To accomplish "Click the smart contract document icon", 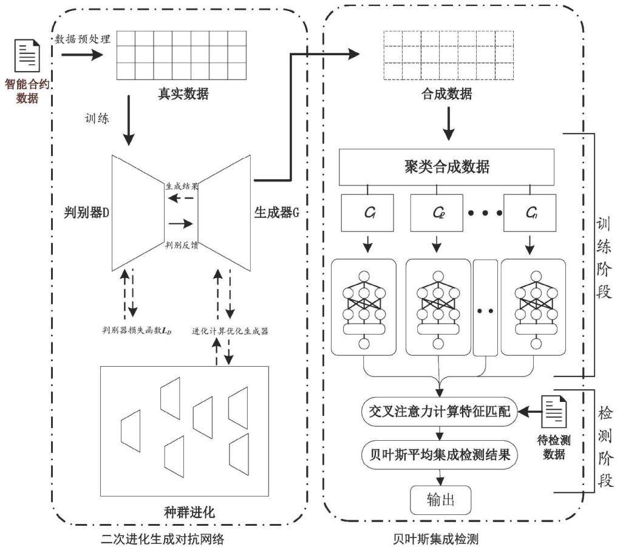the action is point(27,55).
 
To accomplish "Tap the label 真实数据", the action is point(183,93).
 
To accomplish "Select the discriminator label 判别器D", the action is point(87,212).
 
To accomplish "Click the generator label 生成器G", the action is point(276,212).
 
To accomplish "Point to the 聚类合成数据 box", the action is point(446,167).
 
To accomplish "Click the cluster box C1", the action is point(367,213).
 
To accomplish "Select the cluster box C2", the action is point(437,213).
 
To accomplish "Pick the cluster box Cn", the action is point(530,213).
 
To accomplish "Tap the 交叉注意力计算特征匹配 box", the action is point(439,412).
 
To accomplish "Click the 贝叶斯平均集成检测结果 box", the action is point(439,455).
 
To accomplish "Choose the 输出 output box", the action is point(440,500).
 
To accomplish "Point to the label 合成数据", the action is point(447,93).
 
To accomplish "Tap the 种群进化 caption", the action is point(189,512).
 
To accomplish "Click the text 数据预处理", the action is point(83,39).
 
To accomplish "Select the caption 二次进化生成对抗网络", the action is point(163,539).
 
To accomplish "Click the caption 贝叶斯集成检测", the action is point(435,539).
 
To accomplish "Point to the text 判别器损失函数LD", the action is point(137,330).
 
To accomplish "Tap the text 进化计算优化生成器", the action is point(230,331).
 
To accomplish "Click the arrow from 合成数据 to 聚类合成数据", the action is point(448,124).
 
